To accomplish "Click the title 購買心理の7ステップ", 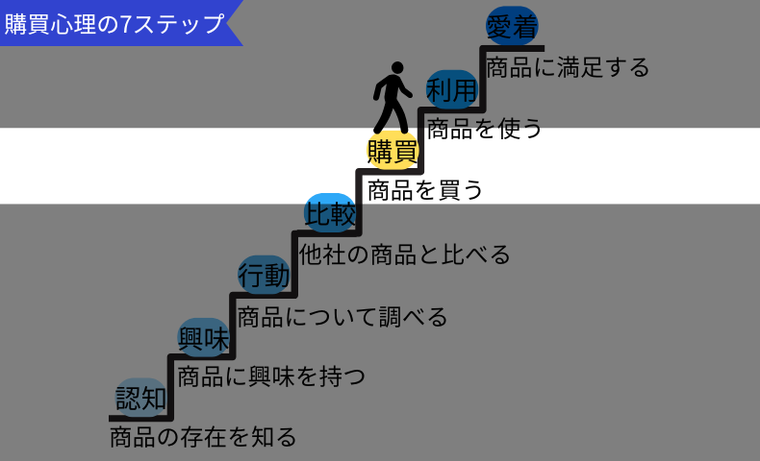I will coord(114,23).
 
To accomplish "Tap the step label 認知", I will coord(141,397).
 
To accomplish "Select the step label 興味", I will coord(204,338).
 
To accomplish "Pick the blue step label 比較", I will coord(330,213).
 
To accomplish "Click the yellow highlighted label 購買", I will coord(393,151).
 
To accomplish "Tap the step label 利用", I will coord(452,90).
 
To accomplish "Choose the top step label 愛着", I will coord(512,27).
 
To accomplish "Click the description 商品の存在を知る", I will coord(203,438).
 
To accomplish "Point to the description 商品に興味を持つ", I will coord(271,376).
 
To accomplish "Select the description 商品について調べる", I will coord(342,316).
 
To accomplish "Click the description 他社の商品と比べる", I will coord(404,255).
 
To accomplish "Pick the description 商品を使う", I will coord(485,128).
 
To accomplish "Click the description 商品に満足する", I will coord(569,67).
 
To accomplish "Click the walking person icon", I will coord(392,98).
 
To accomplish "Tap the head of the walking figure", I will coord(394,69).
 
